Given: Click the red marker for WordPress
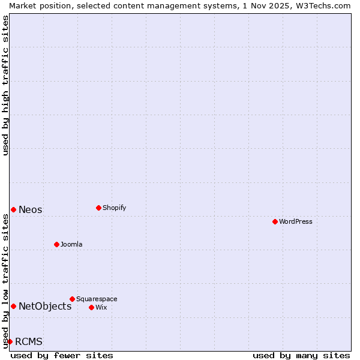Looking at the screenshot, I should click(275, 221).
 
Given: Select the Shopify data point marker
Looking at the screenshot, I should click(98, 208).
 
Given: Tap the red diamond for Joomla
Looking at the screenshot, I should click(56, 244).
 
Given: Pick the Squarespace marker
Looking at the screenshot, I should click(72, 299).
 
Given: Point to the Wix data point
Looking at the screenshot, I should click(91, 307).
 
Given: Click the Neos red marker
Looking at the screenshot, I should click(13, 209).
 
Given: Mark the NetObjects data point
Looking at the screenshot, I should click(13, 306).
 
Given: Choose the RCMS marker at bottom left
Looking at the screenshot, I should click(10, 341).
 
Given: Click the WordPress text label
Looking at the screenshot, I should click(295, 221).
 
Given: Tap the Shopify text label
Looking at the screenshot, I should click(114, 208).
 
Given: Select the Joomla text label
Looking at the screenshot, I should click(71, 244).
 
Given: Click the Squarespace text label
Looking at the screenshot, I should click(97, 299).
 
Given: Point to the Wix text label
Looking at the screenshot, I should click(101, 307).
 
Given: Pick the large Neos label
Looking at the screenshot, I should click(31, 209).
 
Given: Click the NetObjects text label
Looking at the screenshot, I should click(45, 306).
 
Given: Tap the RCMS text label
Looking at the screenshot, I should click(29, 341).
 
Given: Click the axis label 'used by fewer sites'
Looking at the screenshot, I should click(62, 355).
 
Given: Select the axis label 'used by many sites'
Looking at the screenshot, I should click(301, 355).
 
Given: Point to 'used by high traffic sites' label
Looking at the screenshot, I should click(5, 85).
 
